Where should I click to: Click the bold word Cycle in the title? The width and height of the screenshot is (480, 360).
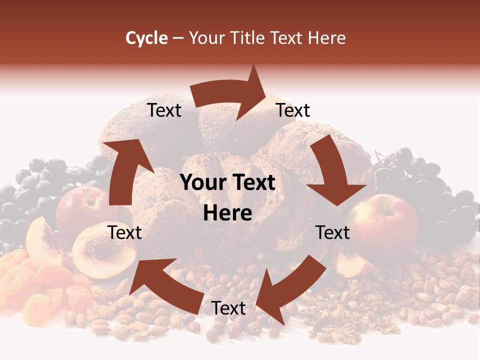click(146, 38)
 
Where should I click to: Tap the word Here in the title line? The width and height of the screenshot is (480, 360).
click(325, 38)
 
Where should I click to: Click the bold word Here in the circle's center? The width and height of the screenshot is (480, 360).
click(227, 213)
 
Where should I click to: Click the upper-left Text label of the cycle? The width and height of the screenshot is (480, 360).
click(164, 110)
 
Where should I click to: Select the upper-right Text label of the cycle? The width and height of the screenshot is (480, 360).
click(293, 110)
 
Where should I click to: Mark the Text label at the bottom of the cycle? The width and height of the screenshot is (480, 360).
click(228, 308)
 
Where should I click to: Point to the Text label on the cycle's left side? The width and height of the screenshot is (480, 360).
click(125, 232)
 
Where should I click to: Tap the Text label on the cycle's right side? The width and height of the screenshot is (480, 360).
click(333, 232)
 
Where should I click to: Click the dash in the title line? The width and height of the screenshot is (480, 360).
click(177, 38)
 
